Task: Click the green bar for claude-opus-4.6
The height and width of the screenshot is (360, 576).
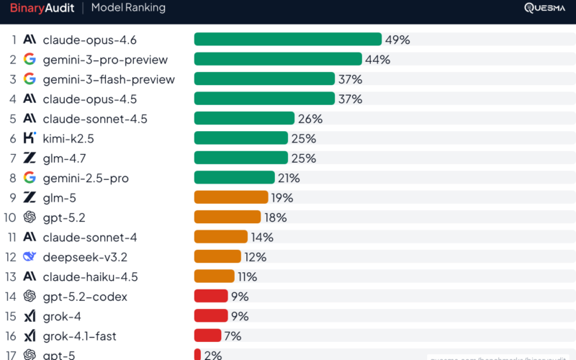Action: pos(287,40)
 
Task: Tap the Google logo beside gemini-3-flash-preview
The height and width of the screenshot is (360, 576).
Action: pos(30,79)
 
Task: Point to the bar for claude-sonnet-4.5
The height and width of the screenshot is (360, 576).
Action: pos(244,118)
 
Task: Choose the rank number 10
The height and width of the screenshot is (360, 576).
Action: pos(10,217)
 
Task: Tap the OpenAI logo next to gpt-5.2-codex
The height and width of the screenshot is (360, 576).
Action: pos(30,296)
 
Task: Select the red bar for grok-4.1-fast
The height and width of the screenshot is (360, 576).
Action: pos(207,336)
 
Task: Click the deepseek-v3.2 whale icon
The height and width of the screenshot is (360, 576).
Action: pos(30,256)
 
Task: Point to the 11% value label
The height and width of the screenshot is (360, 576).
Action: pos(247,276)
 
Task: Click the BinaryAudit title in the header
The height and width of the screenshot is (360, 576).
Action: pos(40,8)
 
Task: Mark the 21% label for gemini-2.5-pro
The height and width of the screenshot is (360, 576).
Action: pos(289,178)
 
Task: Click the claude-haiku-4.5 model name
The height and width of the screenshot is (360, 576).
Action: pos(90,276)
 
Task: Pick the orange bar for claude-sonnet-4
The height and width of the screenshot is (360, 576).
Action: pos(220,237)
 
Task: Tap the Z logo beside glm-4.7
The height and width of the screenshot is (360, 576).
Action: pos(30,158)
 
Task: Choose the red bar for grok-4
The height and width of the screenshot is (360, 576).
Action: pos(210,315)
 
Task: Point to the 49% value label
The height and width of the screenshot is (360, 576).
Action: pos(397,40)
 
